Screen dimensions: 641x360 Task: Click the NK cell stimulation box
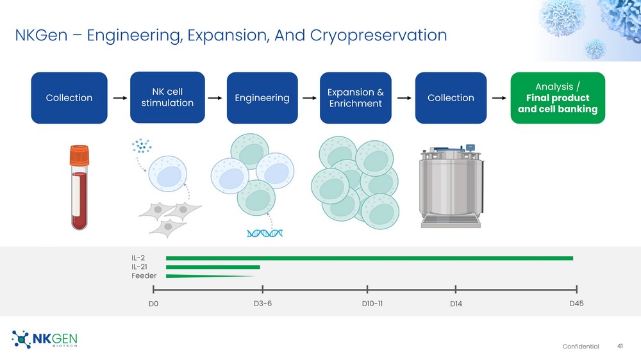167,97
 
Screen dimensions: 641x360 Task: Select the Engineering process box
262,97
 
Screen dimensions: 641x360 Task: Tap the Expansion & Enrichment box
355,97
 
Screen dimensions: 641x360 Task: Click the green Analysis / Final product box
558,97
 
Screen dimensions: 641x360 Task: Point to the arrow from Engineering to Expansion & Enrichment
310,98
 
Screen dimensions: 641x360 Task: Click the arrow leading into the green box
499,98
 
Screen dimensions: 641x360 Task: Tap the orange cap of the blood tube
79,155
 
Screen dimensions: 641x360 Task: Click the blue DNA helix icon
265,233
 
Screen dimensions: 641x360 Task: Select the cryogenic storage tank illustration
451,186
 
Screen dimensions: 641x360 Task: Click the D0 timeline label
153,304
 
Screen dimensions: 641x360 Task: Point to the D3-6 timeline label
262,304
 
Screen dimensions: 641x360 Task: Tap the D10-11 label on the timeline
372,304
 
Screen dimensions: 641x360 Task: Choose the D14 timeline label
456,304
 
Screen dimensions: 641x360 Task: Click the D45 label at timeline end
576,304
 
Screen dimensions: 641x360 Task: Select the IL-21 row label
139,267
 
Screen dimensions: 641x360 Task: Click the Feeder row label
144,276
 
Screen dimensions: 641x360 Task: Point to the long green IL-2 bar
370,258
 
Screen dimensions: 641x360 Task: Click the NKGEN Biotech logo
44,339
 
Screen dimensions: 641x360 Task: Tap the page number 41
620,346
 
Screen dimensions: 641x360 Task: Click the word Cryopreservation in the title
378,35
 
